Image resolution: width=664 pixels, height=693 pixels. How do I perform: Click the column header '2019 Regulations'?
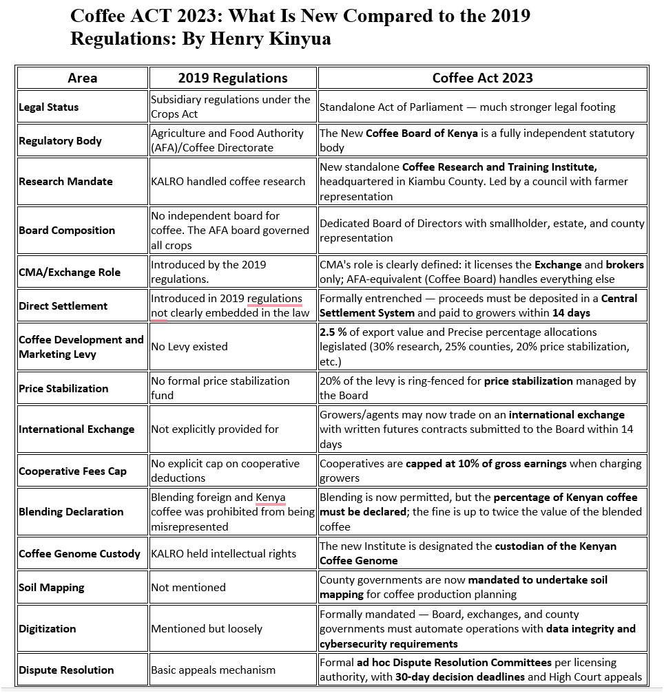pyautogui.click(x=233, y=78)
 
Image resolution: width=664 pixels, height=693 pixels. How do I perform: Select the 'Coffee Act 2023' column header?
pyautogui.click(x=482, y=78)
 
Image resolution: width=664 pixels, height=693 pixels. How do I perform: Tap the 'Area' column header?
pyautogui.click(x=82, y=78)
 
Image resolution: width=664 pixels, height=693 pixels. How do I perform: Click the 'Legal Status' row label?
pyautogui.click(x=49, y=107)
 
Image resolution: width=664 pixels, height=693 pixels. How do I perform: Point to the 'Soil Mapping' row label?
pyautogui.click(x=52, y=588)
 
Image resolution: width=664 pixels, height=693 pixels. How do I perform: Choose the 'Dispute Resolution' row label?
pyautogui.click(x=66, y=670)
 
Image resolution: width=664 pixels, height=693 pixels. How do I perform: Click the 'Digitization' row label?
pyautogui.click(x=48, y=629)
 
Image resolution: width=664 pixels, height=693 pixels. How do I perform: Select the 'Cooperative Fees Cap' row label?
pyautogui.click(x=72, y=471)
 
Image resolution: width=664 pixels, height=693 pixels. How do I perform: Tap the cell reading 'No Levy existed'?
pyautogui.click(x=189, y=347)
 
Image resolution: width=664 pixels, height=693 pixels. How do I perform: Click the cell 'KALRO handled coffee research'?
pyautogui.click(x=228, y=182)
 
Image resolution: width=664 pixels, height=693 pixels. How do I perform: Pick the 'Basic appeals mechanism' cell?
pyautogui.click(x=214, y=670)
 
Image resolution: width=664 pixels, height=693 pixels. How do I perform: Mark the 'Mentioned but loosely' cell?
pyautogui.click(x=207, y=629)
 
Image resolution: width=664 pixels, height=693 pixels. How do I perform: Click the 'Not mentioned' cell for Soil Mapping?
pyautogui.click(x=189, y=588)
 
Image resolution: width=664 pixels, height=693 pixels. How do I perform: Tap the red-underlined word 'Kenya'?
pyautogui.click(x=271, y=498)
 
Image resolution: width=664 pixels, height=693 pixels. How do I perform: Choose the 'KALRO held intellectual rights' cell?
pyautogui.click(x=224, y=554)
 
